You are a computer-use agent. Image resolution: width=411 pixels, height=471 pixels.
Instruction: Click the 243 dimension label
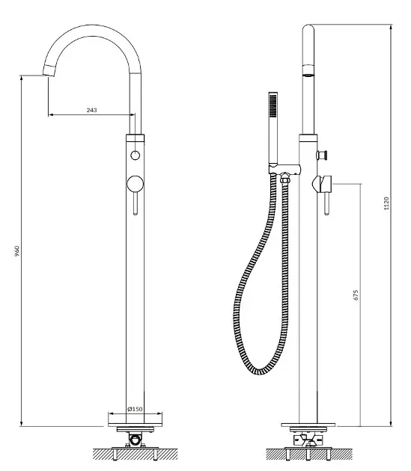(x=92, y=110)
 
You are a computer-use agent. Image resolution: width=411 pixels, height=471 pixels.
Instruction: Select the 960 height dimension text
(x=17, y=250)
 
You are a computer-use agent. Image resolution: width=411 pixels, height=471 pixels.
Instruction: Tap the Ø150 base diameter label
(x=135, y=409)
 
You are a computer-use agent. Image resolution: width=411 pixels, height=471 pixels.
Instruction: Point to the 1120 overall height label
(x=386, y=203)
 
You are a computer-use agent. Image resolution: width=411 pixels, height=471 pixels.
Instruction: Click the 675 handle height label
(x=356, y=295)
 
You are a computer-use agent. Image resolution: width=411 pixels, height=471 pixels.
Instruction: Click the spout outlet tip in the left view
(x=49, y=71)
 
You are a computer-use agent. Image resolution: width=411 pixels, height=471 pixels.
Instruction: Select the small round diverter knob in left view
(x=135, y=156)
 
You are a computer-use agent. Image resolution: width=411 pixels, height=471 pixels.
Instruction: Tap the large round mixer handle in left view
(x=135, y=184)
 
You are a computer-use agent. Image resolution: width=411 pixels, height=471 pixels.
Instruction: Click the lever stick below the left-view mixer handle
(x=136, y=203)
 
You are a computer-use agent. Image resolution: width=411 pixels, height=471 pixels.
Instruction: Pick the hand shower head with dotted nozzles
(x=273, y=105)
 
